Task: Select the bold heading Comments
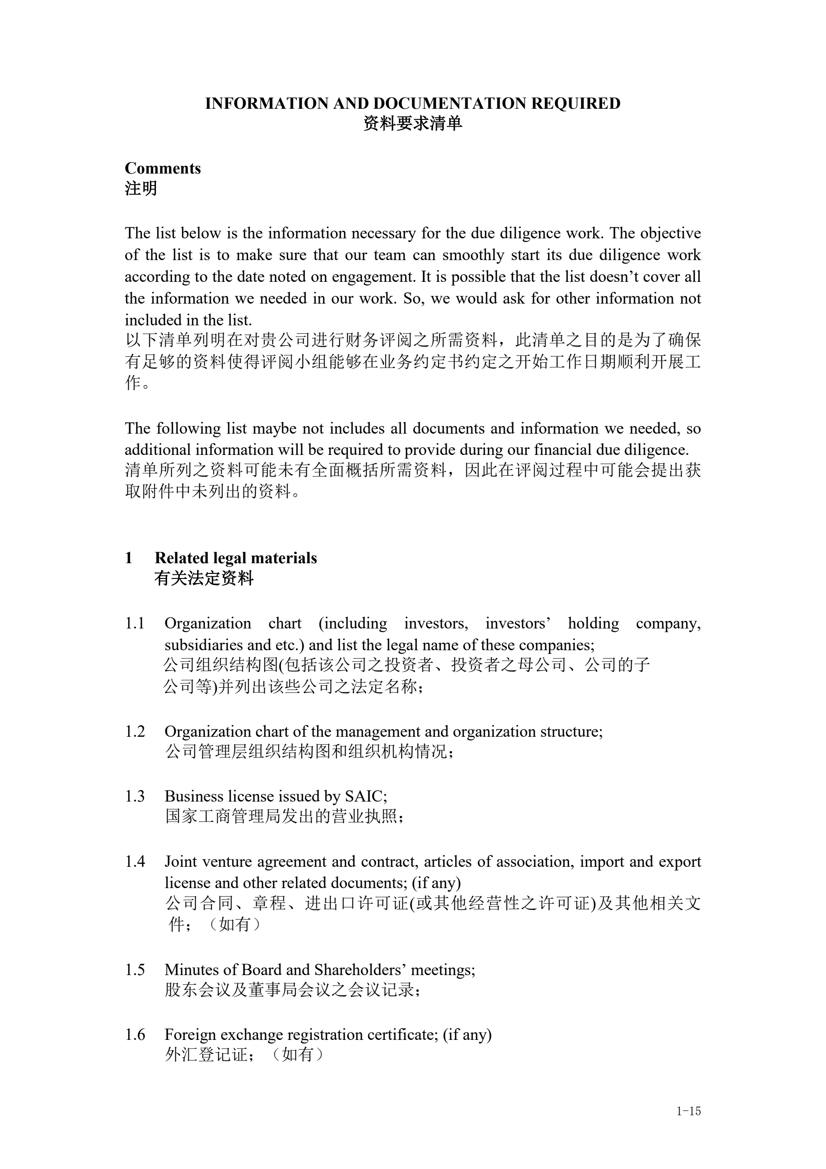coord(162,168)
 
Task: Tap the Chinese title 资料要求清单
coord(412,124)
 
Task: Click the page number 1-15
coord(689,1111)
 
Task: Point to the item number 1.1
coord(135,623)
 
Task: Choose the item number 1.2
coord(135,732)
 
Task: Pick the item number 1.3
coord(135,796)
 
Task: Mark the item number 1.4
coord(135,861)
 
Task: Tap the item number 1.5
coord(135,970)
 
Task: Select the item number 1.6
coord(135,1035)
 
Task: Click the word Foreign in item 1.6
coord(190,1035)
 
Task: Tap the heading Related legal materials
coord(236,558)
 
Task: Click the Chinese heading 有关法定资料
coord(204,579)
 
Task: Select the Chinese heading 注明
coord(141,189)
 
